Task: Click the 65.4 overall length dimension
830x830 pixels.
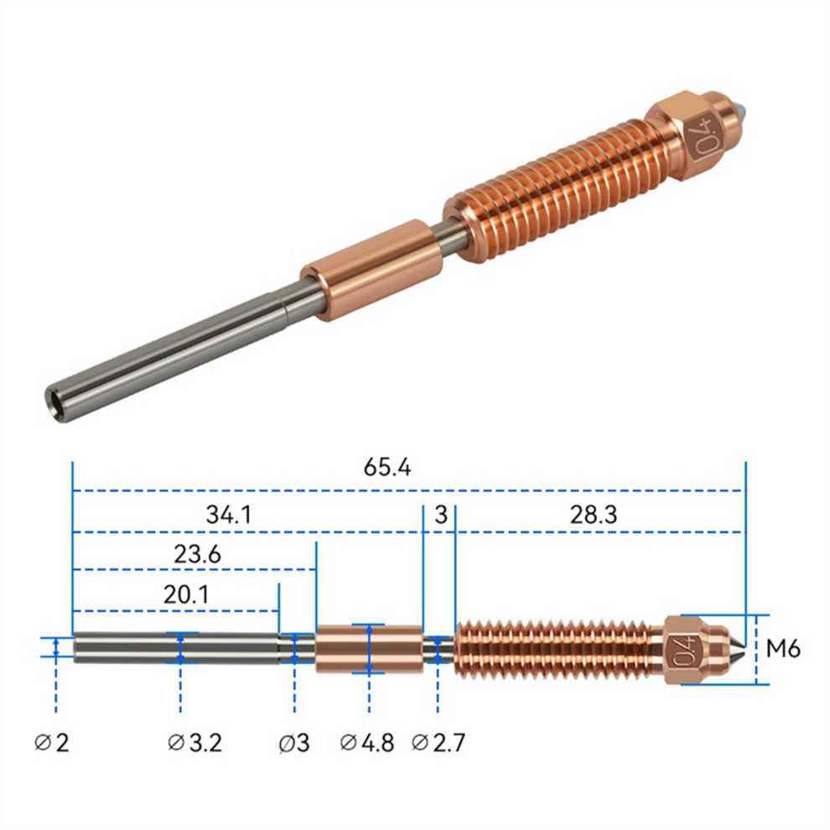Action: (x=387, y=468)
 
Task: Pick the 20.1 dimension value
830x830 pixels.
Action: (x=185, y=594)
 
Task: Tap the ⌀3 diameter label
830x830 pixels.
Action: (x=294, y=743)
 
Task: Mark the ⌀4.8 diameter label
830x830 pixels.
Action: (x=367, y=743)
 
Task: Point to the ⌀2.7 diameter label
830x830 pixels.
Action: (x=438, y=743)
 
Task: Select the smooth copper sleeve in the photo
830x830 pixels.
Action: (x=371, y=270)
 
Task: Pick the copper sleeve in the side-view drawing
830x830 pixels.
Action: (x=368, y=648)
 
